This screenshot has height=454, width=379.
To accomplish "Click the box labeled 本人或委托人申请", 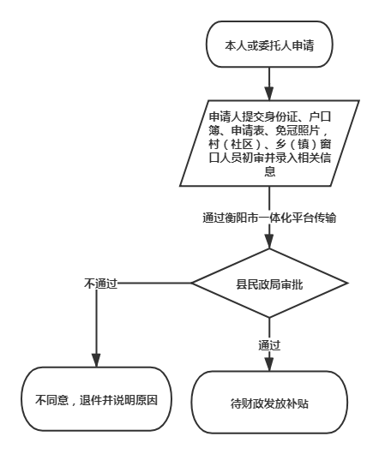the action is (269, 45).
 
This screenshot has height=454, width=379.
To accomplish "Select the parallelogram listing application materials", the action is (269, 143).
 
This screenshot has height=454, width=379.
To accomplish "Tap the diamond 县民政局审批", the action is (269, 284).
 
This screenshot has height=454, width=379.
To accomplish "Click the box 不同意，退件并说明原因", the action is (97, 399).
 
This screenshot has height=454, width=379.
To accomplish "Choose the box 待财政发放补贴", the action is (269, 403).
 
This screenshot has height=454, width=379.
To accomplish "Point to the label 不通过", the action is (100, 284).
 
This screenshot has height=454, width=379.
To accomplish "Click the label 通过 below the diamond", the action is (269, 345).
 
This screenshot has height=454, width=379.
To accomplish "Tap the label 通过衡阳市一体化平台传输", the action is (269, 218).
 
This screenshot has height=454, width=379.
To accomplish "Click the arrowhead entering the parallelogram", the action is (269, 93).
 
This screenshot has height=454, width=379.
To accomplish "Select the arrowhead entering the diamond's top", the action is (269, 242).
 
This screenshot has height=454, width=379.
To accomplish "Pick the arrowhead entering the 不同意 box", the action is (97, 360).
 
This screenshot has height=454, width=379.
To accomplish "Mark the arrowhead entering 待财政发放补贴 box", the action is (269, 364).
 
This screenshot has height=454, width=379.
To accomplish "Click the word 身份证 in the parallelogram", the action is (281, 116).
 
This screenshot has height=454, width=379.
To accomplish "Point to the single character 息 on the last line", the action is (269, 171).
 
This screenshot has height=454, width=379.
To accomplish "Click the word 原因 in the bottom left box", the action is (147, 400).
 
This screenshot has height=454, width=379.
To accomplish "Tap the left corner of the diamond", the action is (191, 284).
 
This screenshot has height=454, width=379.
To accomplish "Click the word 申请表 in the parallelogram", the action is (248, 130).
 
